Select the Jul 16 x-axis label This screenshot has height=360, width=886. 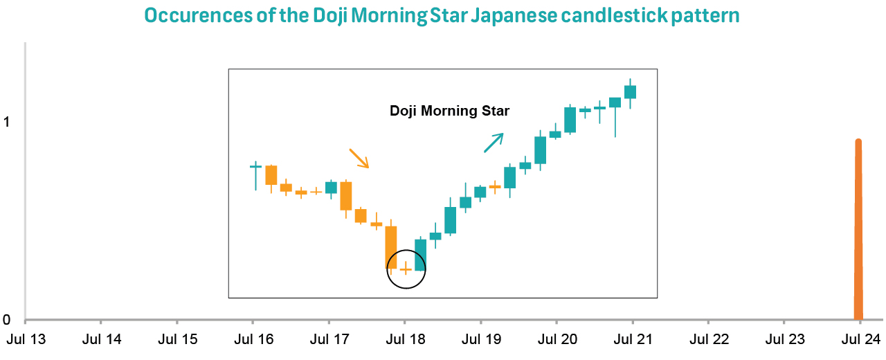pos(253,340)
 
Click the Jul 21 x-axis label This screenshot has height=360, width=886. pos(633,340)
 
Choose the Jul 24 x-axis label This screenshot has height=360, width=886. pos(860,340)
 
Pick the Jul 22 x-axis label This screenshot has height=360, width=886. pos(708,340)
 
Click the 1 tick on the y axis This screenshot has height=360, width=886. pos(7,122)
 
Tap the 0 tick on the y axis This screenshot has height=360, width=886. pos(7,321)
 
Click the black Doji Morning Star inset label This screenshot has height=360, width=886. pos(449,111)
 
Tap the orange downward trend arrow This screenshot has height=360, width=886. pos(359,159)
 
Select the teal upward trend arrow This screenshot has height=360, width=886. pos(494,141)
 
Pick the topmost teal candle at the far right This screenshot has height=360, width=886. pos(630,91)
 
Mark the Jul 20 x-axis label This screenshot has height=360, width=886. pos(557,340)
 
